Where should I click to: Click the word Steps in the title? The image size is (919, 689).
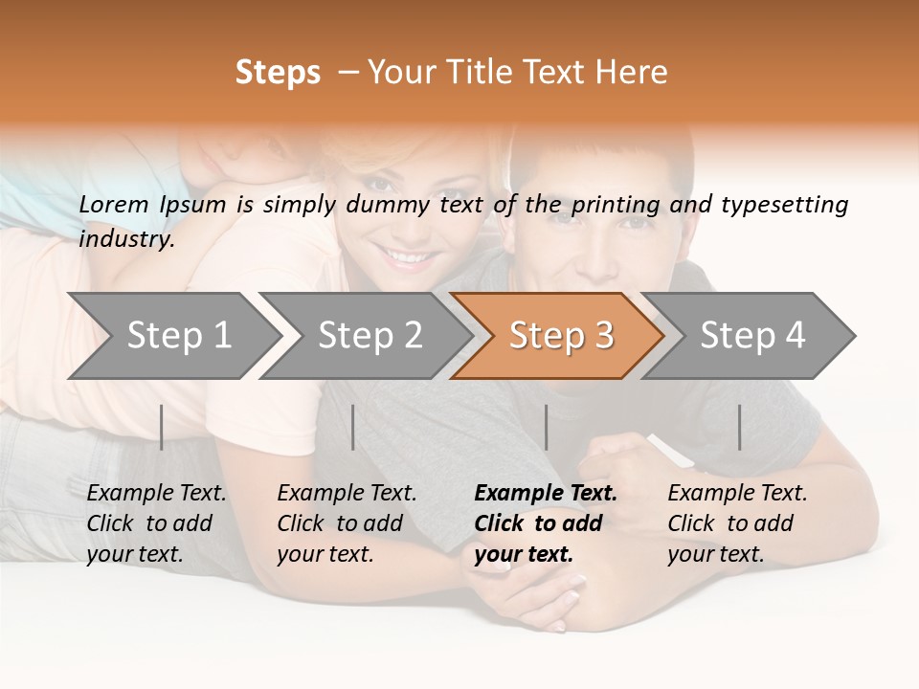[278, 73]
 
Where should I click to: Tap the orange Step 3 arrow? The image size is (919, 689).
[560, 335]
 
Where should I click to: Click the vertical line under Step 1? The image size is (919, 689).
[162, 427]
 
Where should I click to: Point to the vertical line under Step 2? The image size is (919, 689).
[353, 427]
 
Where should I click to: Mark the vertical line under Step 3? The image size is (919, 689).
[547, 427]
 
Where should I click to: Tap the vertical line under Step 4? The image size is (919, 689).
[740, 427]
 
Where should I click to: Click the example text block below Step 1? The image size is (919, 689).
[156, 523]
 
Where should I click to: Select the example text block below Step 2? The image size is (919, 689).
[347, 523]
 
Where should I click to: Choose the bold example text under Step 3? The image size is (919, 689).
[546, 523]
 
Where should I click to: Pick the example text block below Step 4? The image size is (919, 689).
[737, 523]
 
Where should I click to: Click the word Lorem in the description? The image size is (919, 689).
[113, 204]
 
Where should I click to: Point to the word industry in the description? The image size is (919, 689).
[126, 239]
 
